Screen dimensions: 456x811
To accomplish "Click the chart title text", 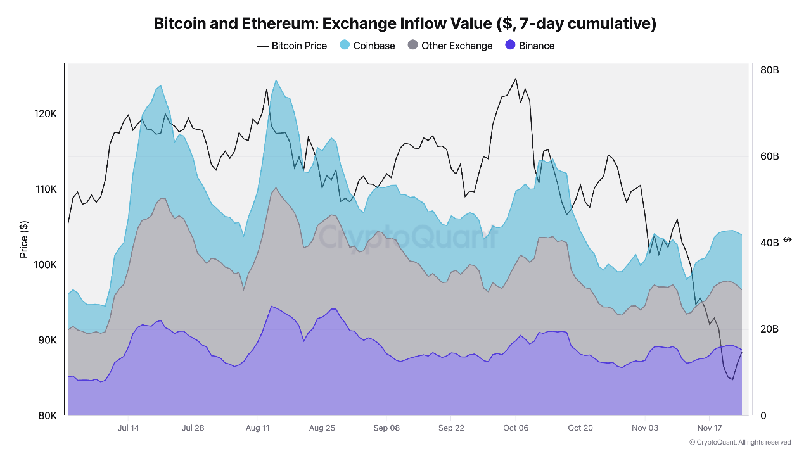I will coord(405,24).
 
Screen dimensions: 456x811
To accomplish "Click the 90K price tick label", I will coord(47,340).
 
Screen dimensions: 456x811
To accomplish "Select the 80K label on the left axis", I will coord(47,415).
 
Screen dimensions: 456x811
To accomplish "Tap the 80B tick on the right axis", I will coord(769,70).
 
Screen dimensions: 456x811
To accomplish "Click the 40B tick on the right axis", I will coord(769,243).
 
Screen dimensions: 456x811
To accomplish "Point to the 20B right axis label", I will coord(769,329).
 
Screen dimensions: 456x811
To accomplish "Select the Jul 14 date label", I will coord(129,428).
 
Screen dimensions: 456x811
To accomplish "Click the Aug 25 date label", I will coord(322,428).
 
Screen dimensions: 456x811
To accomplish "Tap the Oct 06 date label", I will coord(516,428).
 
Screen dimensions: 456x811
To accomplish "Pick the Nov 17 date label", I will coord(710,428).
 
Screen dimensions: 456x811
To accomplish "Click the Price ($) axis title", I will coord(24,239).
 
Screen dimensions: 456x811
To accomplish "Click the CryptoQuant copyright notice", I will coord(739,442).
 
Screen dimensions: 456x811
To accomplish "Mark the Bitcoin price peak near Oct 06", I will coord(516,78).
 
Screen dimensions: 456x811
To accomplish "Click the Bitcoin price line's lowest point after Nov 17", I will coord(732,379).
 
